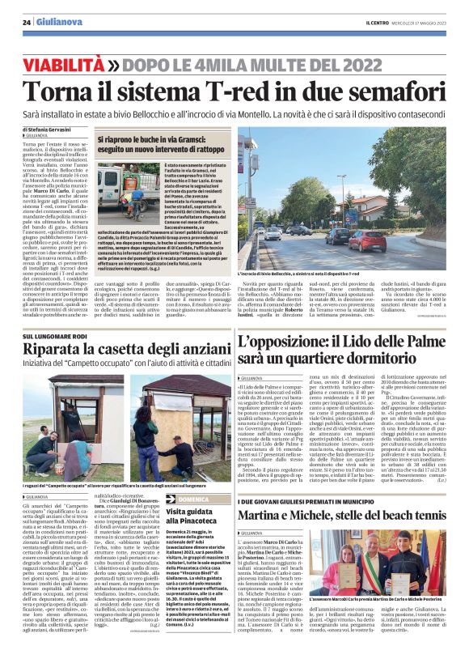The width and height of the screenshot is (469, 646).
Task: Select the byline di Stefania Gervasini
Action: point(49,130)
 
